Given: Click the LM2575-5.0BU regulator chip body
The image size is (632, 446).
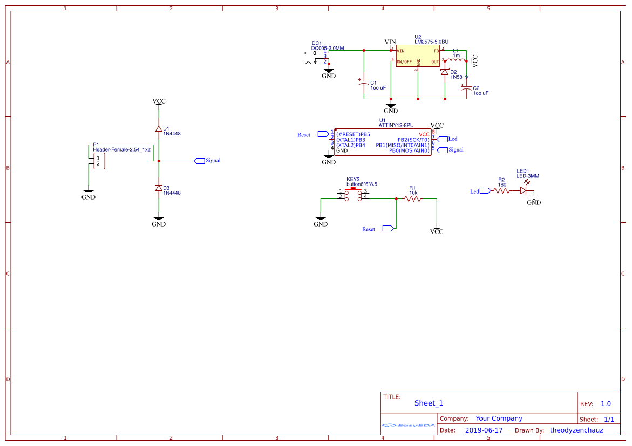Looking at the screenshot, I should [x=418, y=56].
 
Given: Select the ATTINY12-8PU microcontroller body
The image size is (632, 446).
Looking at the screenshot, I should [x=383, y=142].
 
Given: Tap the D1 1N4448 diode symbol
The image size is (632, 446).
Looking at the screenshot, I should [x=158, y=128].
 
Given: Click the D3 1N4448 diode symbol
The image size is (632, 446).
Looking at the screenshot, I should [x=158, y=188].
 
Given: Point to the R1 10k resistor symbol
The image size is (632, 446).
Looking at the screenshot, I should [x=413, y=198].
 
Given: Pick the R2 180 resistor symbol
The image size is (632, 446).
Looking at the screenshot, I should [x=501, y=190].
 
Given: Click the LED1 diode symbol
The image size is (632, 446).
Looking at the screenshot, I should [x=523, y=190].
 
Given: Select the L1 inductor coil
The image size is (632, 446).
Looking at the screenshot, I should [x=456, y=60].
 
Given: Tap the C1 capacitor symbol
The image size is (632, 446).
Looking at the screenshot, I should [x=364, y=84].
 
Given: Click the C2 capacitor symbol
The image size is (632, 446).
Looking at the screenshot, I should [x=466, y=87].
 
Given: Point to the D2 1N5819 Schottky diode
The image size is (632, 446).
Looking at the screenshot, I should [x=445, y=72].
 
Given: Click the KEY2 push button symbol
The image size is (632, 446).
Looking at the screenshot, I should [x=354, y=195].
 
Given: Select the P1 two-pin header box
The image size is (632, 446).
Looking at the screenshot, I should [x=99, y=161].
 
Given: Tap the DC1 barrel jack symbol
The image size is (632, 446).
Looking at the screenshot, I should [x=317, y=57].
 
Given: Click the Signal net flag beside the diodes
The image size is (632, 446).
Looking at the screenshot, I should [x=199, y=161].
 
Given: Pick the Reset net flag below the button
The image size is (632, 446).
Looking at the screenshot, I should [x=388, y=229].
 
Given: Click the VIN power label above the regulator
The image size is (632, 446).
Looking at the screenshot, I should [x=390, y=42].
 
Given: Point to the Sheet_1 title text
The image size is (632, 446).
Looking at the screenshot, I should [x=429, y=403].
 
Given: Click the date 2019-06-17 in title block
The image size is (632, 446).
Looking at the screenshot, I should [x=484, y=430].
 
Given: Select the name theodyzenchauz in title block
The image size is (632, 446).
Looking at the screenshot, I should [x=576, y=430].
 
